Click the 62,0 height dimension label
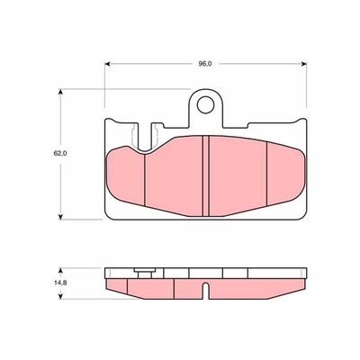60,153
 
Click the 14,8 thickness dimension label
60,283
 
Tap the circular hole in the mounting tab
205,104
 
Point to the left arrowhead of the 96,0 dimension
108,64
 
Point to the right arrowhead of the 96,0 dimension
303,64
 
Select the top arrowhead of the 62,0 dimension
61,92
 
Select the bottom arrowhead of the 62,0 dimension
61,216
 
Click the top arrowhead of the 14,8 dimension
61,271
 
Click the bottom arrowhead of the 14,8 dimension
61,296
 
